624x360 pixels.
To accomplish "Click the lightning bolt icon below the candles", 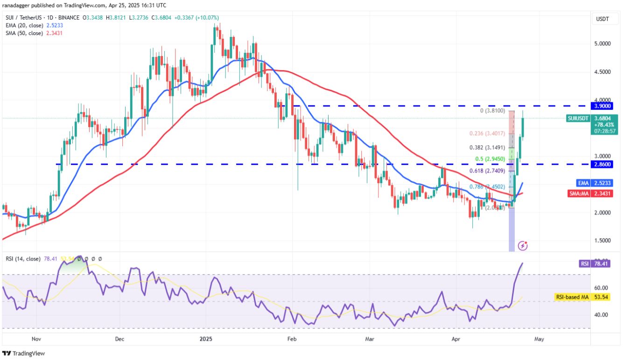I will (x=524, y=245).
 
